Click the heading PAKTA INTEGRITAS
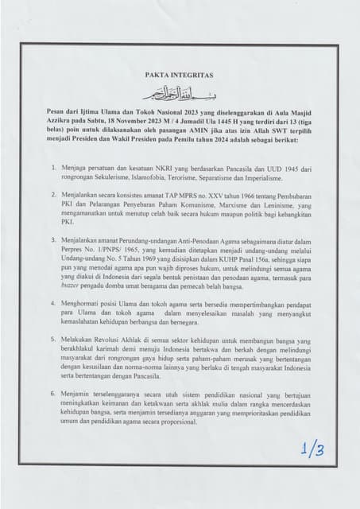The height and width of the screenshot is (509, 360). [x=180, y=75]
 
